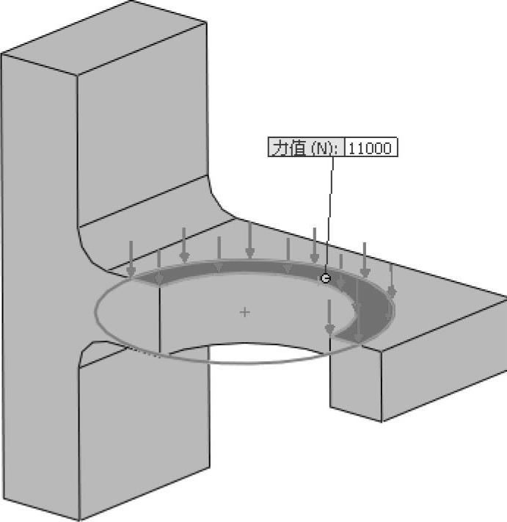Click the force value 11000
pos(371,148)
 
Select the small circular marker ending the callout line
pos(326,278)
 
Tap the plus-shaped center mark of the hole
pos(245,312)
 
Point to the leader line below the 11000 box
pos(331,213)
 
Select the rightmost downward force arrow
pos(391,283)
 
